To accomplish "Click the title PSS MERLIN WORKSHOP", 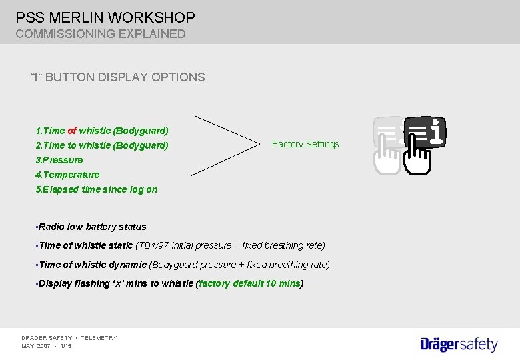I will tap(105, 17).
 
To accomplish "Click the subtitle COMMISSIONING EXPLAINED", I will tap(101, 33).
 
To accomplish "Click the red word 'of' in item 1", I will tap(72, 131).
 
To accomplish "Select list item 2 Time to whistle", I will tap(101, 145).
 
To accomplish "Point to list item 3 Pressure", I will tap(59, 160).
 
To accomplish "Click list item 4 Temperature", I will tap(67, 175).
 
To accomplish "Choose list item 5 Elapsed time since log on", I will tap(97, 189).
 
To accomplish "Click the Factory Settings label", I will tap(305, 144).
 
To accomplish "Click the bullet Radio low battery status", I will tap(92, 227).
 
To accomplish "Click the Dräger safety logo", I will tap(459, 344).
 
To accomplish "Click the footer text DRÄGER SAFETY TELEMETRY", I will tap(69, 338).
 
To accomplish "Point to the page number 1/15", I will tap(66, 346).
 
